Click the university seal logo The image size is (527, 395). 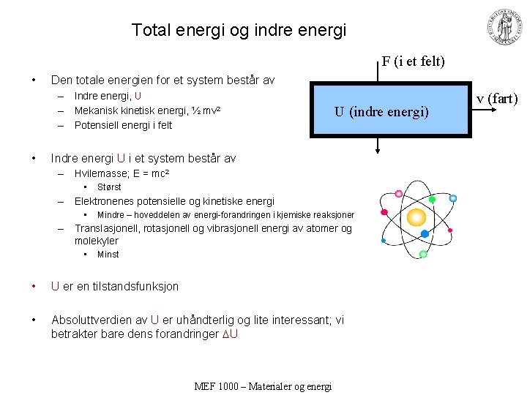click(504, 28)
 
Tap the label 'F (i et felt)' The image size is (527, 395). click(413, 61)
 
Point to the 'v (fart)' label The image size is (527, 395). click(497, 99)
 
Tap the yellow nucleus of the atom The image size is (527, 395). click(416, 217)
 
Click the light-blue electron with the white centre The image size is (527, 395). click(453, 198)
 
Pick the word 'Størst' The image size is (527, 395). click(109, 187)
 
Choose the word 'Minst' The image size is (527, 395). click(108, 255)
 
